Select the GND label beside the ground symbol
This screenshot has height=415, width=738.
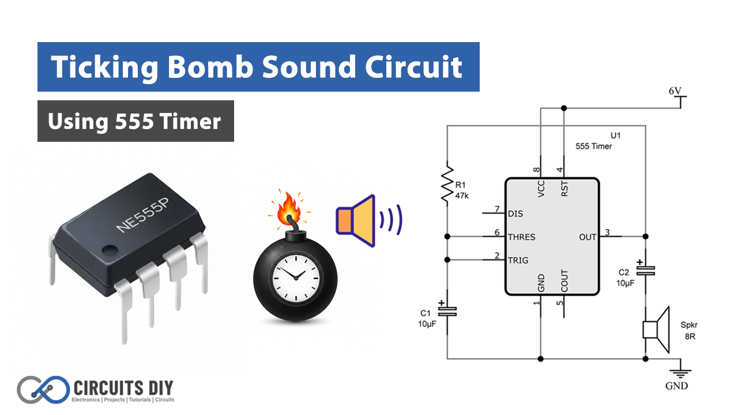(x=677, y=385)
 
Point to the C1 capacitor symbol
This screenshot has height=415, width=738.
(x=447, y=311)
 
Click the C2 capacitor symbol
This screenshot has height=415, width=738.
(x=645, y=270)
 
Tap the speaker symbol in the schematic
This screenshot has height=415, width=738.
(x=656, y=330)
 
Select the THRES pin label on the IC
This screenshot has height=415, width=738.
(x=521, y=237)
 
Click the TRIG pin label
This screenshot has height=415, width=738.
(x=518, y=261)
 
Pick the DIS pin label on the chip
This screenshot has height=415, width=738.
(x=515, y=214)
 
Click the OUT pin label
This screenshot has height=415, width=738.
(x=588, y=237)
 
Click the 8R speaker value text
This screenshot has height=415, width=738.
(x=690, y=336)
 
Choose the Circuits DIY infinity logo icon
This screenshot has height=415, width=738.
(x=41, y=390)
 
